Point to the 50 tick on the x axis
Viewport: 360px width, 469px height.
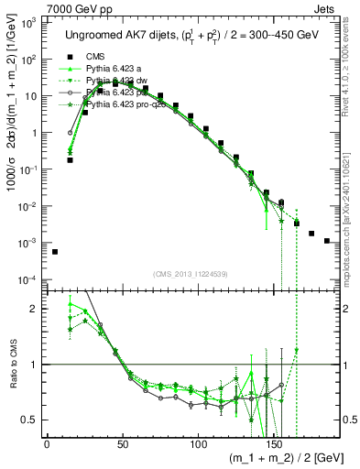pos(122,443)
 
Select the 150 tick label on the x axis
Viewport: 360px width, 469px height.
pos(273,443)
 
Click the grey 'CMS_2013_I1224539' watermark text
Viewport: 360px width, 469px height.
pos(190,273)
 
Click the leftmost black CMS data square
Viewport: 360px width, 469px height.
pos(55,252)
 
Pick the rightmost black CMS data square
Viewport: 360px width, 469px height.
pos(327,241)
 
